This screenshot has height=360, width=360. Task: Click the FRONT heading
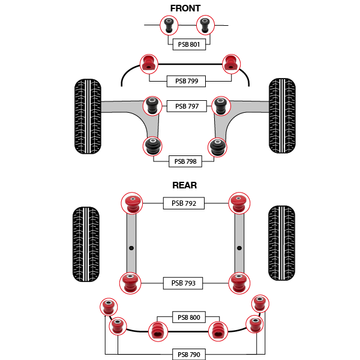pyautogui.click(x=185, y=8)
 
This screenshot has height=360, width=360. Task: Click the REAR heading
pyautogui.click(x=185, y=185)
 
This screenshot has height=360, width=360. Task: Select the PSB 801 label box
pyautogui.click(x=189, y=44)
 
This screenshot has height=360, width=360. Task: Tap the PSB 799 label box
pyautogui.click(x=186, y=81)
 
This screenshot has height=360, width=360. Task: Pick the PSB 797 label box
pyautogui.click(x=187, y=106)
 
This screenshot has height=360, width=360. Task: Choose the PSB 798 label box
pyautogui.click(x=185, y=161)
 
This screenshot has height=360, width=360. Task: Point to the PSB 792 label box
pyautogui.click(x=184, y=203)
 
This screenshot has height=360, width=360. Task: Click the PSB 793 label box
pyautogui.click(x=183, y=283)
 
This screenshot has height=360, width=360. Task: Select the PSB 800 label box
pyautogui.click(x=189, y=317)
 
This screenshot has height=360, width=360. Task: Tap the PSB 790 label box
pyautogui.click(x=189, y=354)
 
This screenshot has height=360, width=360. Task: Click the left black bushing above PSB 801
pyautogui.click(x=169, y=25)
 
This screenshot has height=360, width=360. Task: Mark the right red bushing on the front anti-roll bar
pyautogui.click(x=232, y=64)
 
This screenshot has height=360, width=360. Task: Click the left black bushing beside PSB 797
pyautogui.click(x=152, y=106)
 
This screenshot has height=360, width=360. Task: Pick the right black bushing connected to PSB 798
pyautogui.click(x=217, y=147)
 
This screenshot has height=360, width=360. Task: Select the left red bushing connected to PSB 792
pyautogui.click(x=132, y=203)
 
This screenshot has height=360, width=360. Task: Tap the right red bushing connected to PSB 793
pyautogui.click(x=239, y=283)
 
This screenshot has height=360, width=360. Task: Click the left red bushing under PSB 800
pyautogui.click(x=158, y=331)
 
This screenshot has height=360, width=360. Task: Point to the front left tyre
pyautogui.click(x=88, y=116)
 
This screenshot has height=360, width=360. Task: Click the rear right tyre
pyautogui.click(x=282, y=243)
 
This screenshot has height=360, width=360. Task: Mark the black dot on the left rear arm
pyautogui.click(x=131, y=248)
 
